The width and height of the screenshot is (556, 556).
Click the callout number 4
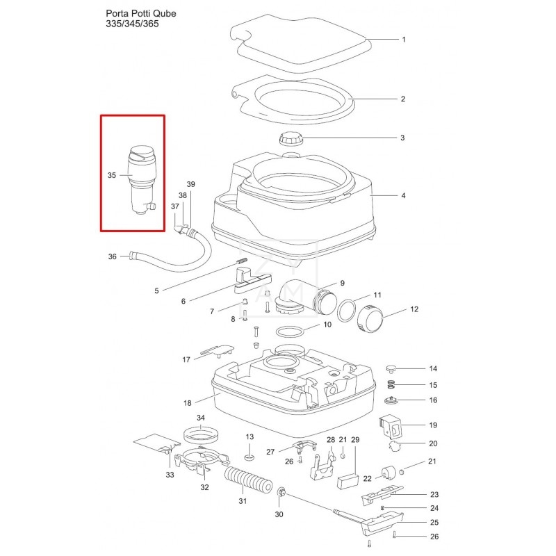tap(402, 196)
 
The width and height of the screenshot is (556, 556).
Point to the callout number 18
tap(188, 402)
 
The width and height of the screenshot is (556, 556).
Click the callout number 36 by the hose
tap(112, 256)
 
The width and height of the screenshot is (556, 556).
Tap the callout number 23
tap(434, 494)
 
